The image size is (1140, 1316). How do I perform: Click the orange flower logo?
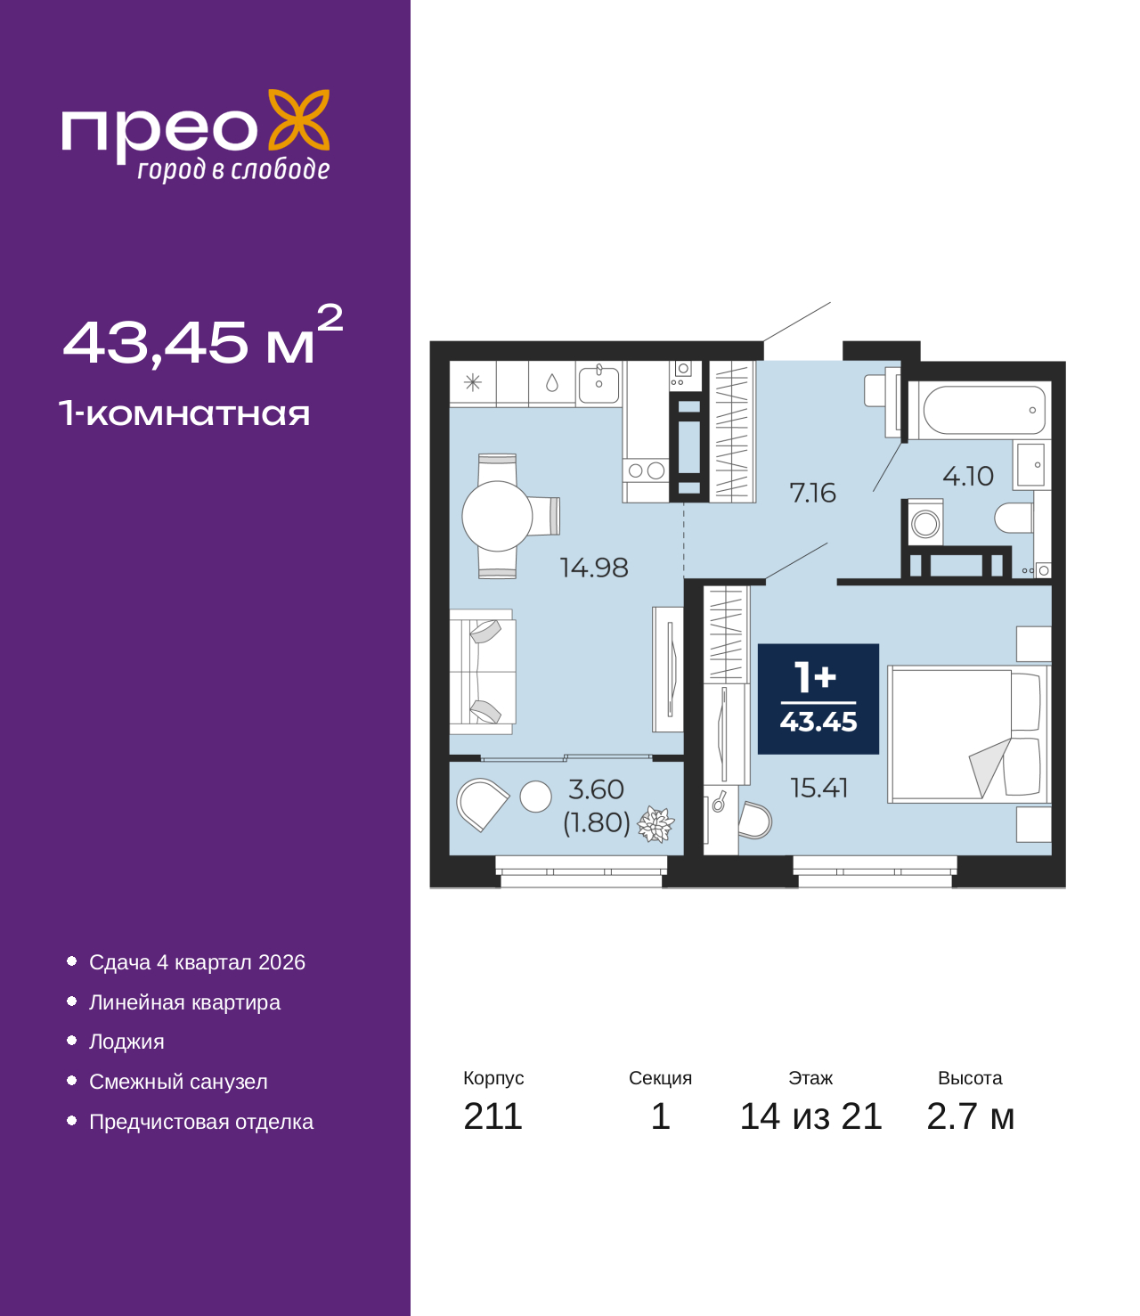pyautogui.click(x=299, y=120)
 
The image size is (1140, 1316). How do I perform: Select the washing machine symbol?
pyautogui.click(x=924, y=523)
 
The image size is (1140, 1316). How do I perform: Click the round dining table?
pyautogui.click(x=497, y=517)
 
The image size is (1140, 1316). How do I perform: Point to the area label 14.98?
pyautogui.click(x=594, y=568)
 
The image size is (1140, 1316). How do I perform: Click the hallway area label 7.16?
pyautogui.click(x=813, y=493)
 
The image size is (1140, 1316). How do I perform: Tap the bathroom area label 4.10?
pyautogui.click(x=967, y=476)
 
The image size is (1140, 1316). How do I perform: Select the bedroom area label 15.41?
pyautogui.click(x=819, y=789)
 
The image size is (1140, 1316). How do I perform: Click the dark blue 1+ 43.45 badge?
pyautogui.click(x=818, y=699)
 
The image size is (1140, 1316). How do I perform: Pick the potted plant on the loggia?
pyautogui.click(x=655, y=824)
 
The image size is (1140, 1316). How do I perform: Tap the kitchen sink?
pyautogui.click(x=598, y=384)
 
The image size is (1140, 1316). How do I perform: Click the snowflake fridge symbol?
pyautogui.click(x=472, y=382)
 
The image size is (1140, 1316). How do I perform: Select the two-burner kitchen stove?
pyautogui.click(x=646, y=470)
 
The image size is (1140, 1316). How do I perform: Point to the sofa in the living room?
pyautogui.click(x=482, y=672)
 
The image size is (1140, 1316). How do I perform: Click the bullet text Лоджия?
pyautogui.click(x=126, y=1042)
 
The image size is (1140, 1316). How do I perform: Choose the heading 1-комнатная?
pyautogui.click(x=184, y=413)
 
